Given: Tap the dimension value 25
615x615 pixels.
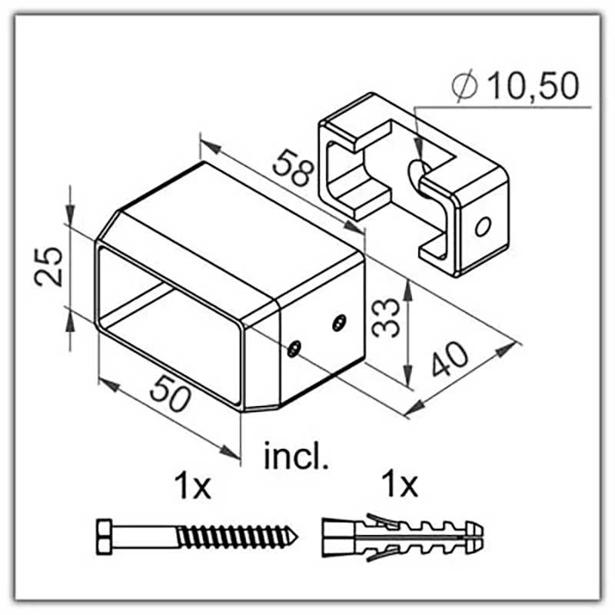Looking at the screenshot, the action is [48, 267].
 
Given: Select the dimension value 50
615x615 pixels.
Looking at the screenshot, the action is [170, 393].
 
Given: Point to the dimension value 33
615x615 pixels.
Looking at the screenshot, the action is [386, 317].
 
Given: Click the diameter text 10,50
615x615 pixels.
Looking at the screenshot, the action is [534, 85].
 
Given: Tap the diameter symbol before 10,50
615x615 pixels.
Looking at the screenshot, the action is [465, 86].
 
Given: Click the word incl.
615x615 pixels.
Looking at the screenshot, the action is [296, 456].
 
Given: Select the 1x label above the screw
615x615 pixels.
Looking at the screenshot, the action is [193, 486].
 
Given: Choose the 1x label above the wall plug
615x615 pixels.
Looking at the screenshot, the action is [401, 484].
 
